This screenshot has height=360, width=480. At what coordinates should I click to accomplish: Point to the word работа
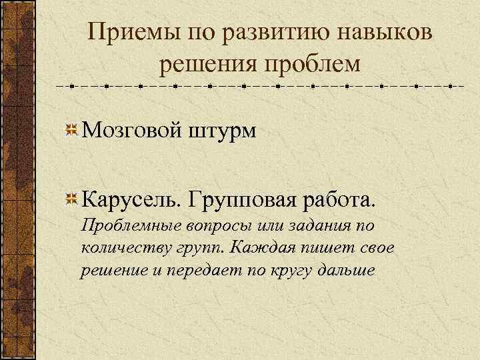pos(339,199)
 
